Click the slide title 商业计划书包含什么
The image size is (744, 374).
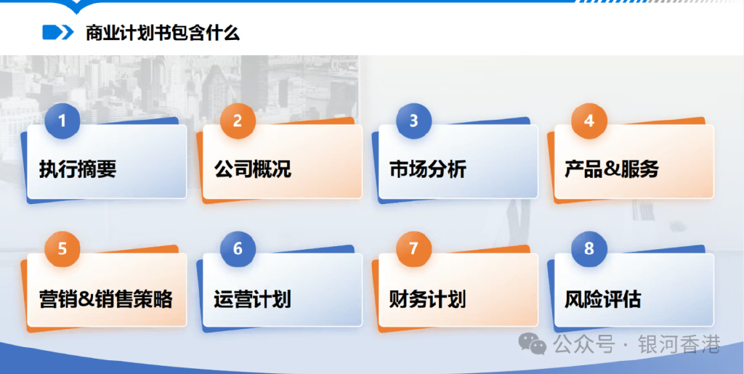point(163,33)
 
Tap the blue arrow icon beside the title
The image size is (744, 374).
point(58,32)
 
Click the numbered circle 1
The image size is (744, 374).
point(62,121)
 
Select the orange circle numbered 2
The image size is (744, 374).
point(238,121)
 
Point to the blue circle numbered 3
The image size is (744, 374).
point(413,121)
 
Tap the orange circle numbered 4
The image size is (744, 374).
point(589,121)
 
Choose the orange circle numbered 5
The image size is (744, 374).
point(62,249)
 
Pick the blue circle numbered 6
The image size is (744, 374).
point(238,249)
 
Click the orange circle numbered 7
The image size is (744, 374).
point(413,249)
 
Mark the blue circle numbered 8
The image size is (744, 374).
point(589,249)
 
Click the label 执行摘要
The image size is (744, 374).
point(78,169)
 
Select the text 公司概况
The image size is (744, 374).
point(252,169)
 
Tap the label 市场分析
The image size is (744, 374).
point(428,169)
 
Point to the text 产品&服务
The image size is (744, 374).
point(612,169)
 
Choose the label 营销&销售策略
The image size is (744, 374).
point(106,299)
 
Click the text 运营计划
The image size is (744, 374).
point(252,299)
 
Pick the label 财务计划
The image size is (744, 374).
point(428,299)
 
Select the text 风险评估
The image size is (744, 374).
point(603,299)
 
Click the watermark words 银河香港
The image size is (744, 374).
point(679,344)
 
